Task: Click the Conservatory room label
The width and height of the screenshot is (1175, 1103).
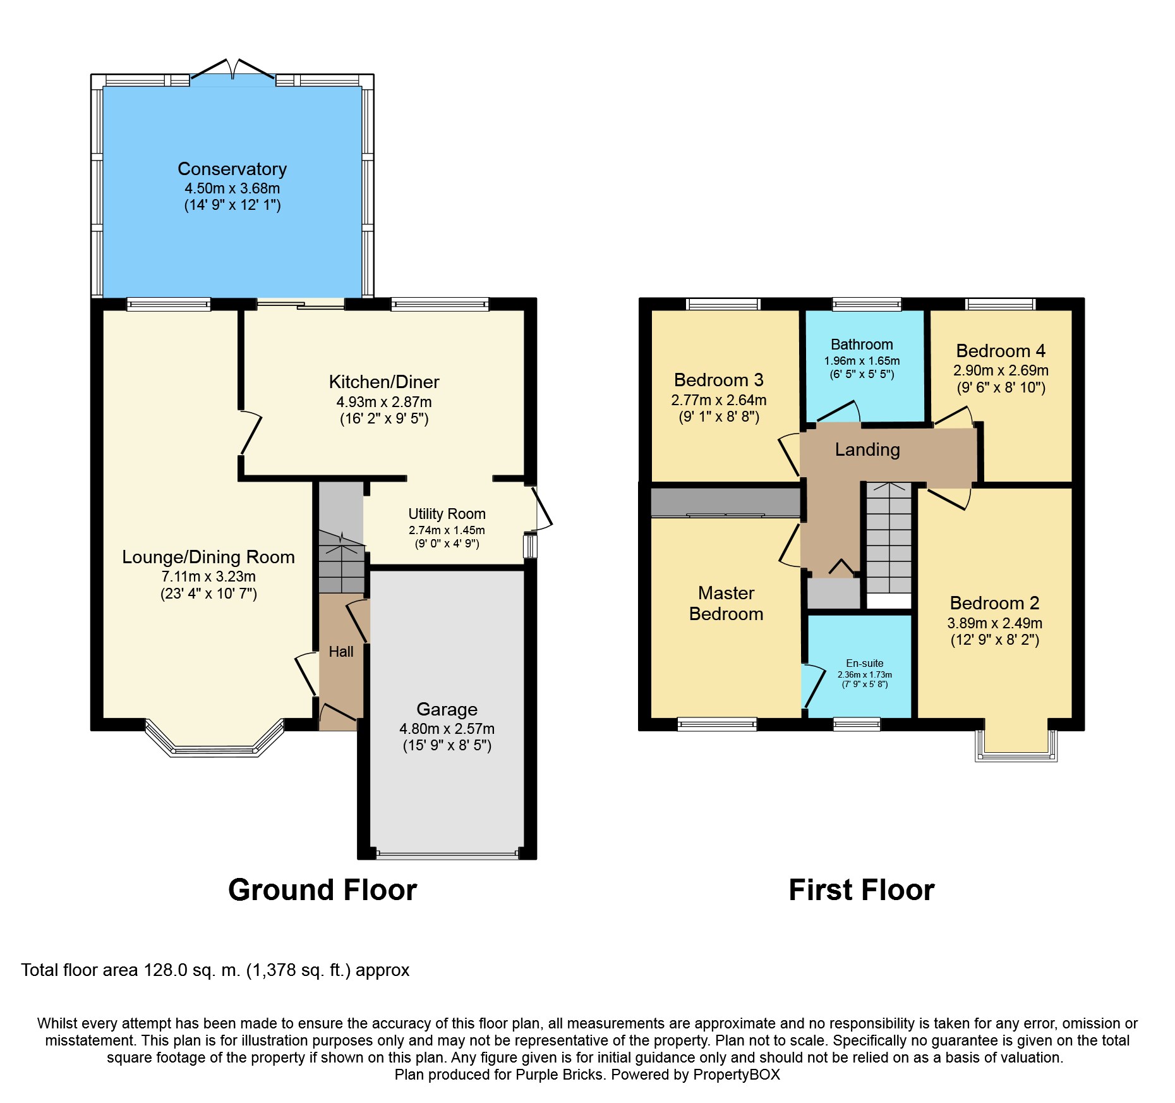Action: click(x=232, y=169)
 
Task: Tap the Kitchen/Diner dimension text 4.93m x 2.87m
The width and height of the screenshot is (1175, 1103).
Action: click(x=384, y=402)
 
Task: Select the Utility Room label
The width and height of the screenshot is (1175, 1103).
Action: click(x=447, y=514)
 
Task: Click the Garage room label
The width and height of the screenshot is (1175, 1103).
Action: click(x=447, y=709)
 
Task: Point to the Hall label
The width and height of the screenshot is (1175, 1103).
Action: click(x=341, y=652)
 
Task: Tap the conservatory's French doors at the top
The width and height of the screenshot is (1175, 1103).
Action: click(x=233, y=71)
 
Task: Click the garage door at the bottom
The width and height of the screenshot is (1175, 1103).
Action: click(x=447, y=855)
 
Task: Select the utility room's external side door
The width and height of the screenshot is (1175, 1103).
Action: click(x=542, y=508)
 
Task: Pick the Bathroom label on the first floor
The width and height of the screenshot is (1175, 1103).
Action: click(x=862, y=344)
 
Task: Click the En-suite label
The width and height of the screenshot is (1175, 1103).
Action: click(x=865, y=663)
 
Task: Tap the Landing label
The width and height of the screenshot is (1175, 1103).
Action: click(x=867, y=449)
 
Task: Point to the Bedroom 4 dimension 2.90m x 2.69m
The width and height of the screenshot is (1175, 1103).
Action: click(x=1001, y=370)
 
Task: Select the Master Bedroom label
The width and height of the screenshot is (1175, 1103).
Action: click(x=726, y=603)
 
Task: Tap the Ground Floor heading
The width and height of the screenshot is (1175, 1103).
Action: click(x=322, y=890)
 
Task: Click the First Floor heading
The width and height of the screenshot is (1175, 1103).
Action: click(x=862, y=890)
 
